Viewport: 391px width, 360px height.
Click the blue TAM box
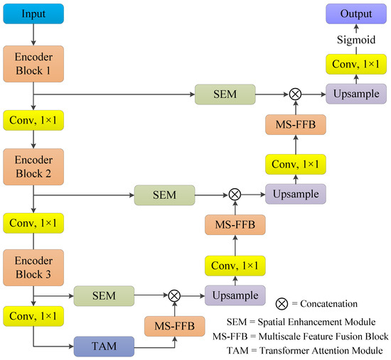pos(103,346)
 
